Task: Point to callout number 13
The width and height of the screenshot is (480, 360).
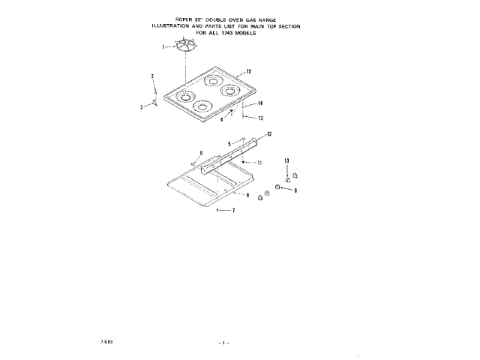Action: pyautogui.click(x=260, y=118)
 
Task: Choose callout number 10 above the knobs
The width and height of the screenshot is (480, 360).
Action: pyautogui.click(x=286, y=161)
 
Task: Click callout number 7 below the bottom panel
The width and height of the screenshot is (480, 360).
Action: pyautogui.click(x=233, y=211)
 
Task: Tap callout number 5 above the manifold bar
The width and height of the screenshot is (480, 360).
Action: pyautogui.click(x=230, y=142)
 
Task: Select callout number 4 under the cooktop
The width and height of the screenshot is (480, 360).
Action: pyautogui.click(x=222, y=119)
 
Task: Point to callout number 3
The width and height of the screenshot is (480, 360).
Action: pyautogui.click(x=142, y=108)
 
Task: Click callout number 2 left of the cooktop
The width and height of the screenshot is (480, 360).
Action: pyautogui.click(x=152, y=76)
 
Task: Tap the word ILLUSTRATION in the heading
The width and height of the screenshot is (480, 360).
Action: pyautogui.click(x=175, y=25)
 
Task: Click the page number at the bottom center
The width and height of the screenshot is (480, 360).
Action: pyautogui.click(x=223, y=342)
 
